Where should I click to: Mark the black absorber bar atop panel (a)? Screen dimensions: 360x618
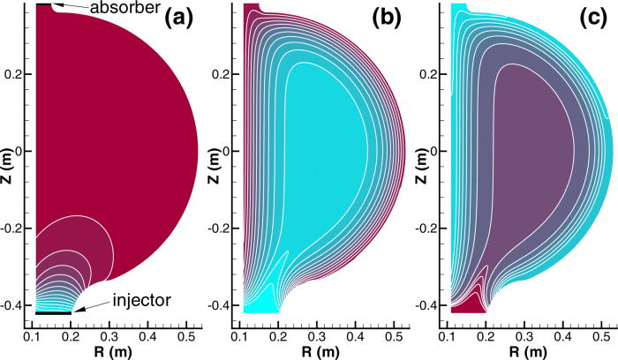tap(43, 5)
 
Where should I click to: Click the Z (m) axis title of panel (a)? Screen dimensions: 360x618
tap(6, 152)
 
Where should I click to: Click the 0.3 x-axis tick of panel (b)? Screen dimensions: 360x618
tap(319, 336)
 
